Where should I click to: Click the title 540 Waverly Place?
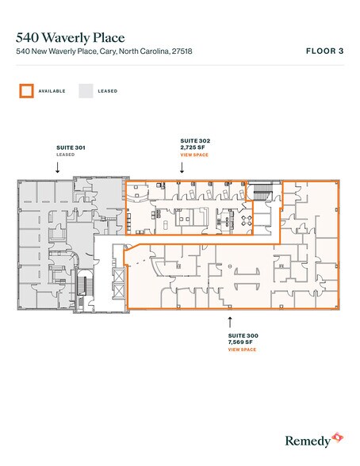70,37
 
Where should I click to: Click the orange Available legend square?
25,91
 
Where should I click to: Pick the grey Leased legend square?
85,91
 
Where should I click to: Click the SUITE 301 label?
70,147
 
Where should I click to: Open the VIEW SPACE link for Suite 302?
193,155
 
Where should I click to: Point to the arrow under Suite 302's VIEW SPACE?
182,168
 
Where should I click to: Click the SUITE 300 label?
243,336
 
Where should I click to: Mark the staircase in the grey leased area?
85,289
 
